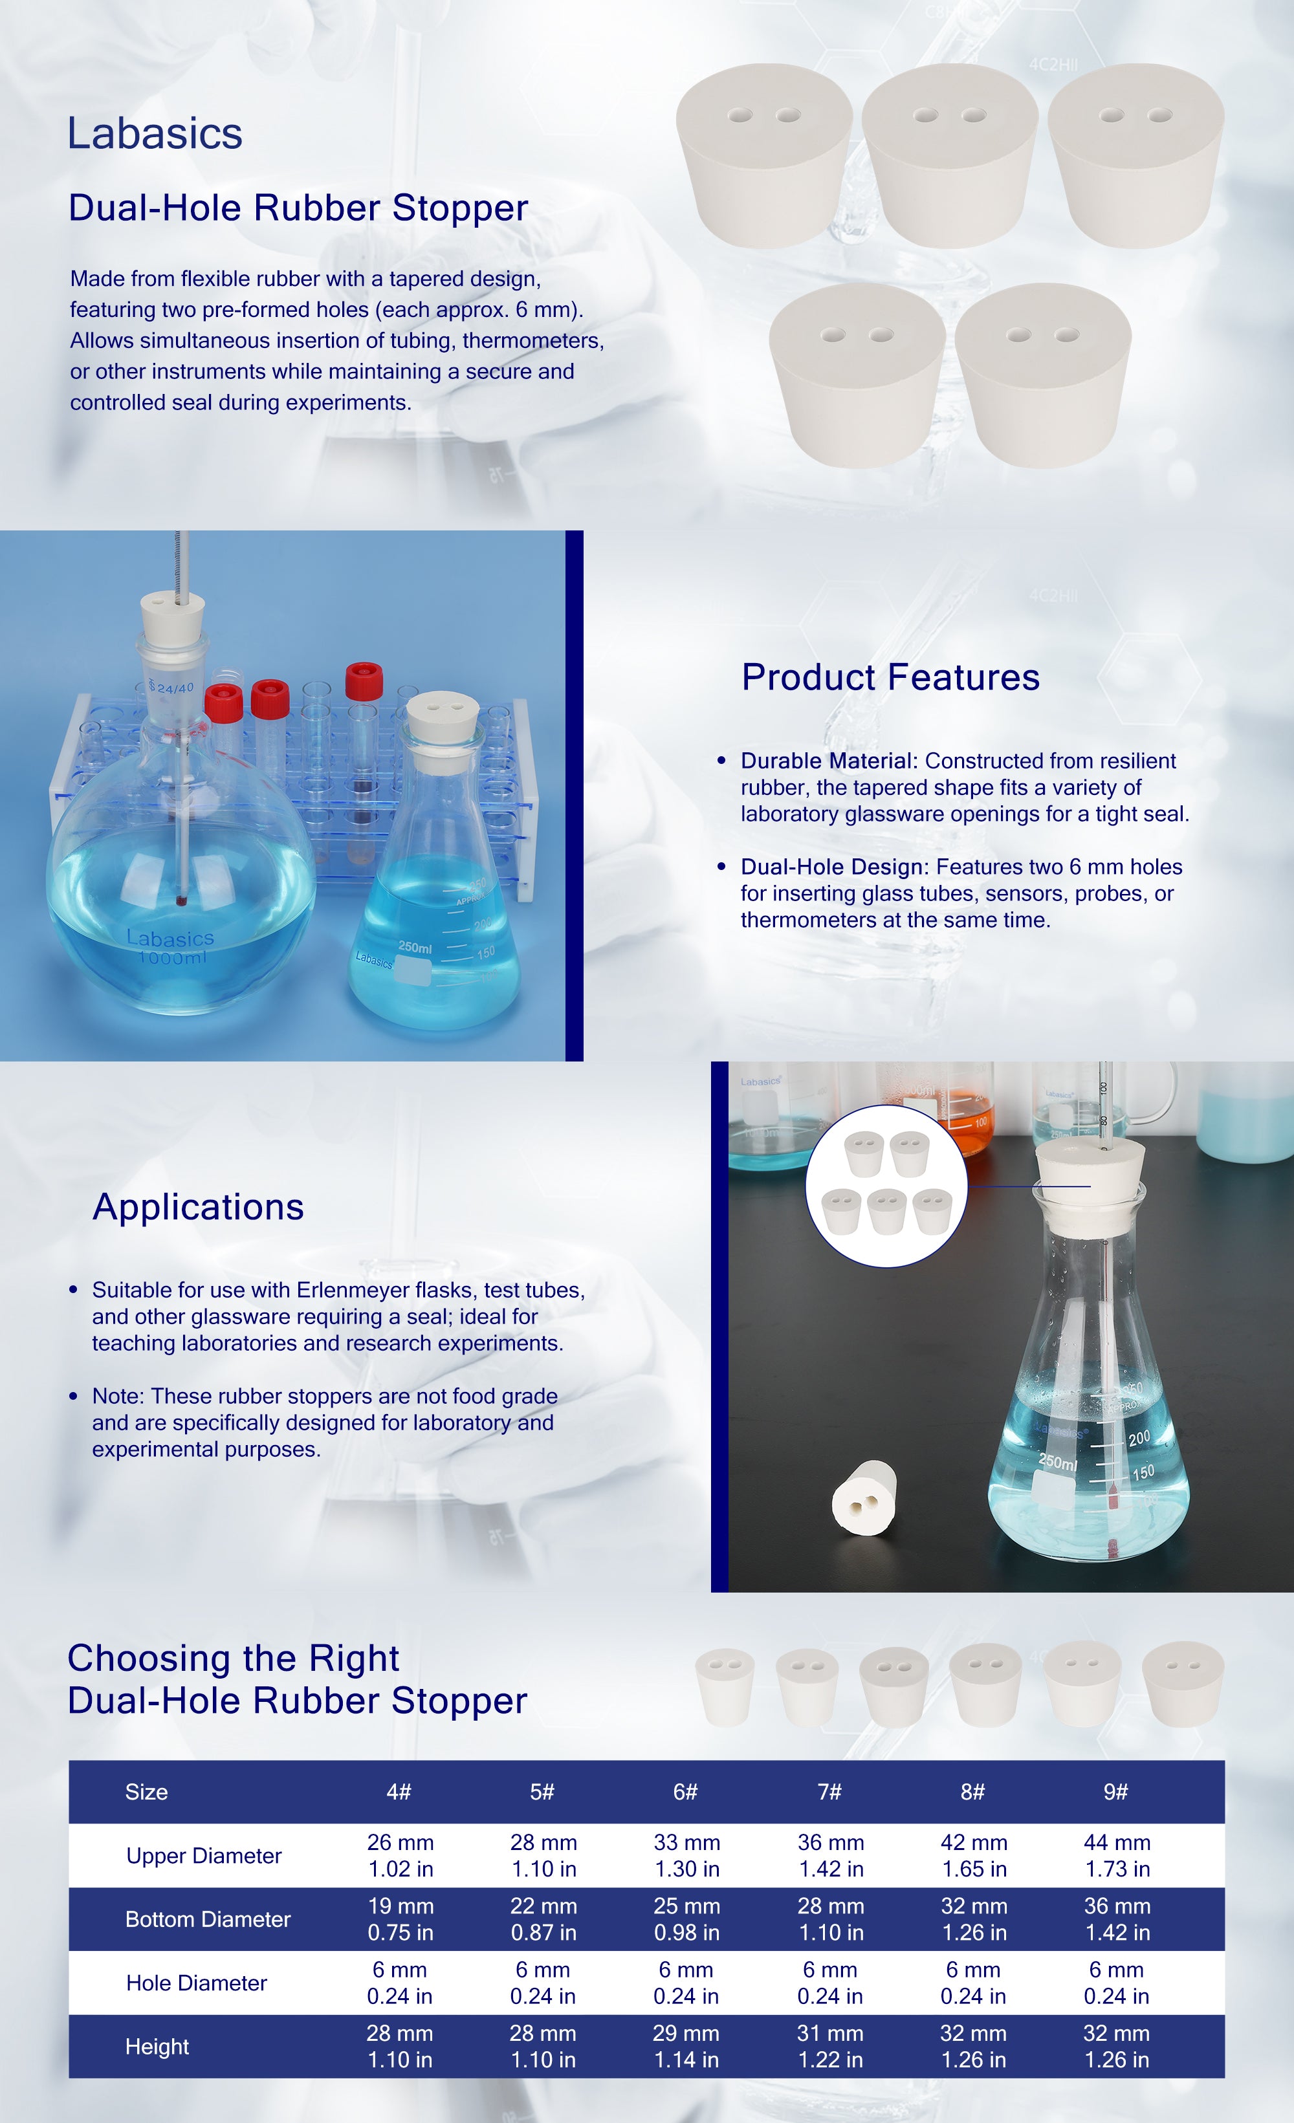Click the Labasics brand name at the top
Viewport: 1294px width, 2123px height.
pyautogui.click(x=155, y=133)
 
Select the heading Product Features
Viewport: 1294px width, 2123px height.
pyautogui.click(x=891, y=677)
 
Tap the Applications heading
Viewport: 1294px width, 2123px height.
pyautogui.click(x=198, y=1207)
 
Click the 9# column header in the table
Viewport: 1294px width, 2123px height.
pyautogui.click(x=1115, y=1792)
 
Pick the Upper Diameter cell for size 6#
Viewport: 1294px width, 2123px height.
pyautogui.click(x=686, y=1855)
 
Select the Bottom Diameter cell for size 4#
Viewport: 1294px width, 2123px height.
pyautogui.click(x=400, y=1919)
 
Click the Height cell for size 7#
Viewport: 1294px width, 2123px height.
pyautogui.click(x=829, y=2046)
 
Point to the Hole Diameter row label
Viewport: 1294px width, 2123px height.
pyautogui.click(x=197, y=1983)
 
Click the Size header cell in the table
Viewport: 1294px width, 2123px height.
pyautogui.click(x=146, y=1792)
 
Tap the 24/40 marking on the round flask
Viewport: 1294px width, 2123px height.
pyautogui.click(x=171, y=688)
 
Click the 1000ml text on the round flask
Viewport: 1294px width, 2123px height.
pyautogui.click(x=172, y=957)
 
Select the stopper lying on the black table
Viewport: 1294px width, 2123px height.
pyautogui.click(x=864, y=1502)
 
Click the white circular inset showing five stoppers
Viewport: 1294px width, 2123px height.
pyautogui.click(x=886, y=1186)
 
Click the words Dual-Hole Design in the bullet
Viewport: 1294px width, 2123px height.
pyautogui.click(x=833, y=867)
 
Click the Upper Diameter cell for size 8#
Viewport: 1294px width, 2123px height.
pyautogui.click(x=974, y=1855)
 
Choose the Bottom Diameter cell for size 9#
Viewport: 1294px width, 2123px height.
pyautogui.click(x=1117, y=1919)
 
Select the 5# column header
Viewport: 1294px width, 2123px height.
pyautogui.click(x=542, y=1792)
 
